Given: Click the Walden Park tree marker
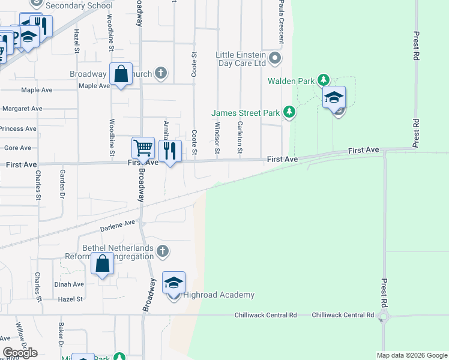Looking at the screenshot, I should [x=324, y=80].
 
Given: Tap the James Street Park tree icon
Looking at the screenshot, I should [x=289, y=112].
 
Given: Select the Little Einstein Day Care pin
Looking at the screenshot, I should [x=275, y=58].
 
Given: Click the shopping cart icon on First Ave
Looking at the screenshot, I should [x=143, y=148].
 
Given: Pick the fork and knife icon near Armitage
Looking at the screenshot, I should [x=170, y=151].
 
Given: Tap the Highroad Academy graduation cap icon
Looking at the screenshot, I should [x=173, y=283].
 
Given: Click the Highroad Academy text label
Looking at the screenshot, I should [x=219, y=295].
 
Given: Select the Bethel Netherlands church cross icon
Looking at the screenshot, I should [x=162, y=251].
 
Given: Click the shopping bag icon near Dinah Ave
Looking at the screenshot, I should [x=103, y=263].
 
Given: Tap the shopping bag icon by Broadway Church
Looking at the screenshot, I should [x=121, y=74].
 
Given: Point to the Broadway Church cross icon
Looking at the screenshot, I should [x=161, y=74].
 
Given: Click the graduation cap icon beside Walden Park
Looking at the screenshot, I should [x=334, y=97].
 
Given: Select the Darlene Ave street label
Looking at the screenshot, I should [x=118, y=226].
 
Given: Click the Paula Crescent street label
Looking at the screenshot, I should [x=281, y=21].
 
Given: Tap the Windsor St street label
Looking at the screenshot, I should [x=217, y=137].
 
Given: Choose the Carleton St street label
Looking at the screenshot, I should [x=240, y=137].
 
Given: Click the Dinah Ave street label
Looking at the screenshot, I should [x=70, y=284].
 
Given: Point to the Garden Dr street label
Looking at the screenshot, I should [x=62, y=183].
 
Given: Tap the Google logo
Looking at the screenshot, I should [x=20, y=352].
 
